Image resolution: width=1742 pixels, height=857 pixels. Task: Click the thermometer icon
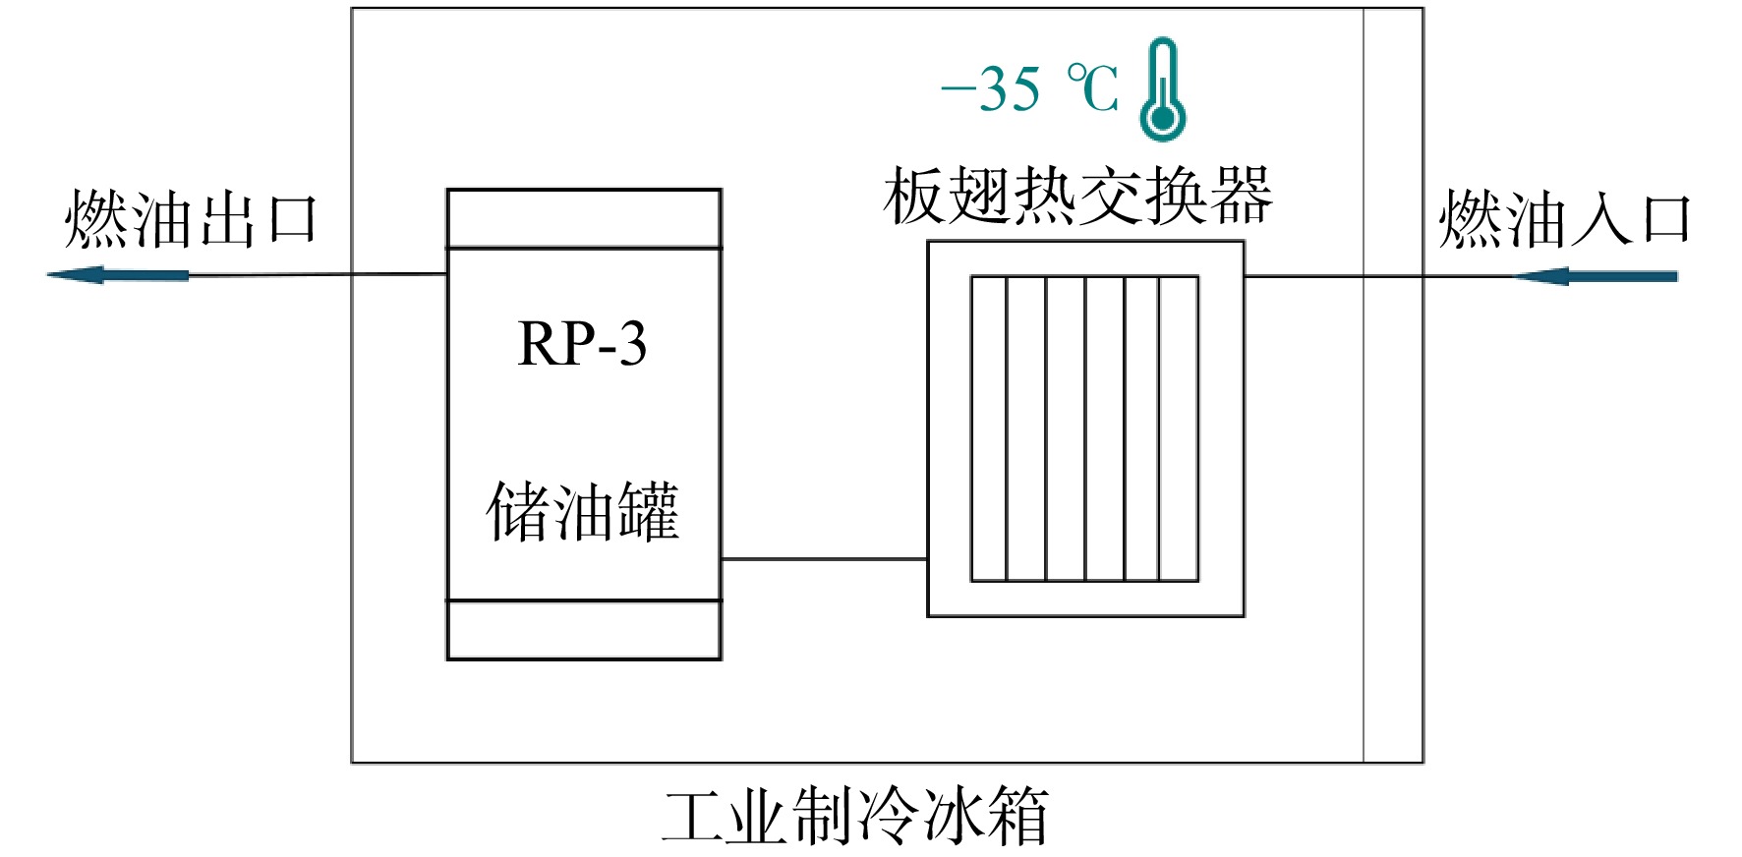(1162, 89)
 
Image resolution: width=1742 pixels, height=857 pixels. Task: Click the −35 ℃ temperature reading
(1029, 89)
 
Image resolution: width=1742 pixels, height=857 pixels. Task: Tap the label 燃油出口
(191, 219)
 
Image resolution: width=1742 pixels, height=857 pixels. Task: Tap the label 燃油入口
(1564, 219)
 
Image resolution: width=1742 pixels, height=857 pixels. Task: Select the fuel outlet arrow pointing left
(118, 275)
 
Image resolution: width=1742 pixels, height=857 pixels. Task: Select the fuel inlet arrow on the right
(1595, 276)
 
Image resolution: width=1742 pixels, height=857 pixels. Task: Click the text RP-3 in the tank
(582, 344)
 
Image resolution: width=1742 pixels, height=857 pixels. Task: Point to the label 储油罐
(583, 511)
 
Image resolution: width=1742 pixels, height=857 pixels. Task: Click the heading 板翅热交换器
(1077, 197)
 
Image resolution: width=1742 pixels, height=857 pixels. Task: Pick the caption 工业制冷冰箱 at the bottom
(855, 816)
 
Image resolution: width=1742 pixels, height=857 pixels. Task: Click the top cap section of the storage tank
(584, 218)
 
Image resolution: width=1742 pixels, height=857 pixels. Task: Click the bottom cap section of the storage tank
(584, 630)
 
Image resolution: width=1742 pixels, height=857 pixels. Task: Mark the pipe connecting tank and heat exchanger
(825, 559)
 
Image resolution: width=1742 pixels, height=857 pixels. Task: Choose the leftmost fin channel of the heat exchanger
(989, 428)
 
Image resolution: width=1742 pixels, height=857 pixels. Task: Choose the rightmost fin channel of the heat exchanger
(1179, 428)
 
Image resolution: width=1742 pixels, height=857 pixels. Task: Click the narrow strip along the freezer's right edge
(1393, 385)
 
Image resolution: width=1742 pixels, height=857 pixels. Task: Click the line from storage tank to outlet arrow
(318, 274)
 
